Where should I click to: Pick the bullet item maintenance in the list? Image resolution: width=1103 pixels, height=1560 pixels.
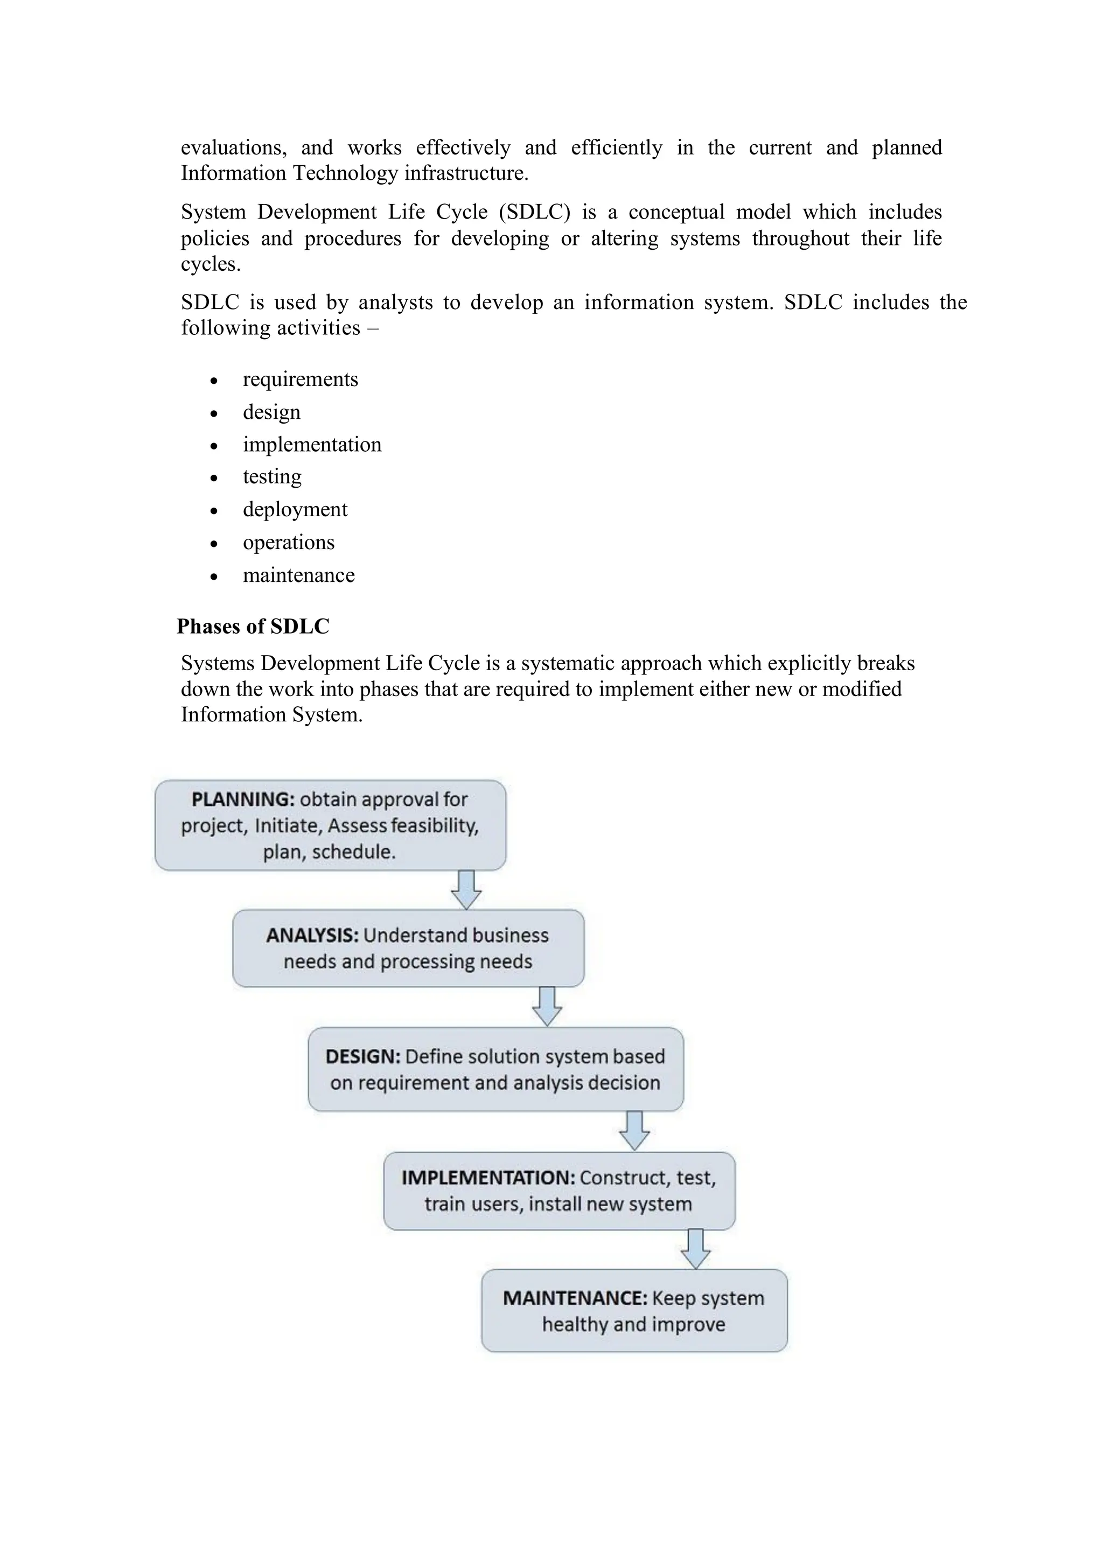(298, 575)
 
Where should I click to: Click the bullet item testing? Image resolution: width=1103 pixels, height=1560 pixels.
(272, 477)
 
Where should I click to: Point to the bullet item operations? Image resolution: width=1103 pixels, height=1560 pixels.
(288, 542)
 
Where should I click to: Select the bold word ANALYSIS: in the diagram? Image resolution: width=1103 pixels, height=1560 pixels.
(312, 936)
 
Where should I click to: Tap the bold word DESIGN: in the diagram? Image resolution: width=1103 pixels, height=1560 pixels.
(362, 1057)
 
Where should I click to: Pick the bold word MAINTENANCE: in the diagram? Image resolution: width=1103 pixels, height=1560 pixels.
(575, 1298)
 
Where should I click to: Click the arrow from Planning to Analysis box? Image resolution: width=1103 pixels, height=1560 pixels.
(466, 889)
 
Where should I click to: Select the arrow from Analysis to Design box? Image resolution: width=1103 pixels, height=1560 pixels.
(547, 1006)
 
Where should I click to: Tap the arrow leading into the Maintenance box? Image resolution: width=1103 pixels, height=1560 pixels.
(695, 1249)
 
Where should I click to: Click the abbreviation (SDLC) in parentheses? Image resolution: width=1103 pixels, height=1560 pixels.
(534, 212)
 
